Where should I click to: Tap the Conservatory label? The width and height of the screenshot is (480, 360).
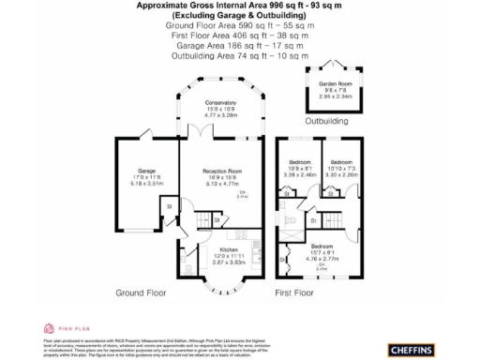pyautogui.click(x=221, y=102)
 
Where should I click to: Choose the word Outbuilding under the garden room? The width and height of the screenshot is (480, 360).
pyautogui.click(x=326, y=122)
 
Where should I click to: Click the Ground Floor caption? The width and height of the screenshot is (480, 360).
pyautogui.click(x=142, y=292)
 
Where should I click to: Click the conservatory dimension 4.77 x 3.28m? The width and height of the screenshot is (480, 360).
pyautogui.click(x=221, y=115)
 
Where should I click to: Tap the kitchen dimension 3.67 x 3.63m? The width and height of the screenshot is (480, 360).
pyautogui.click(x=229, y=262)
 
